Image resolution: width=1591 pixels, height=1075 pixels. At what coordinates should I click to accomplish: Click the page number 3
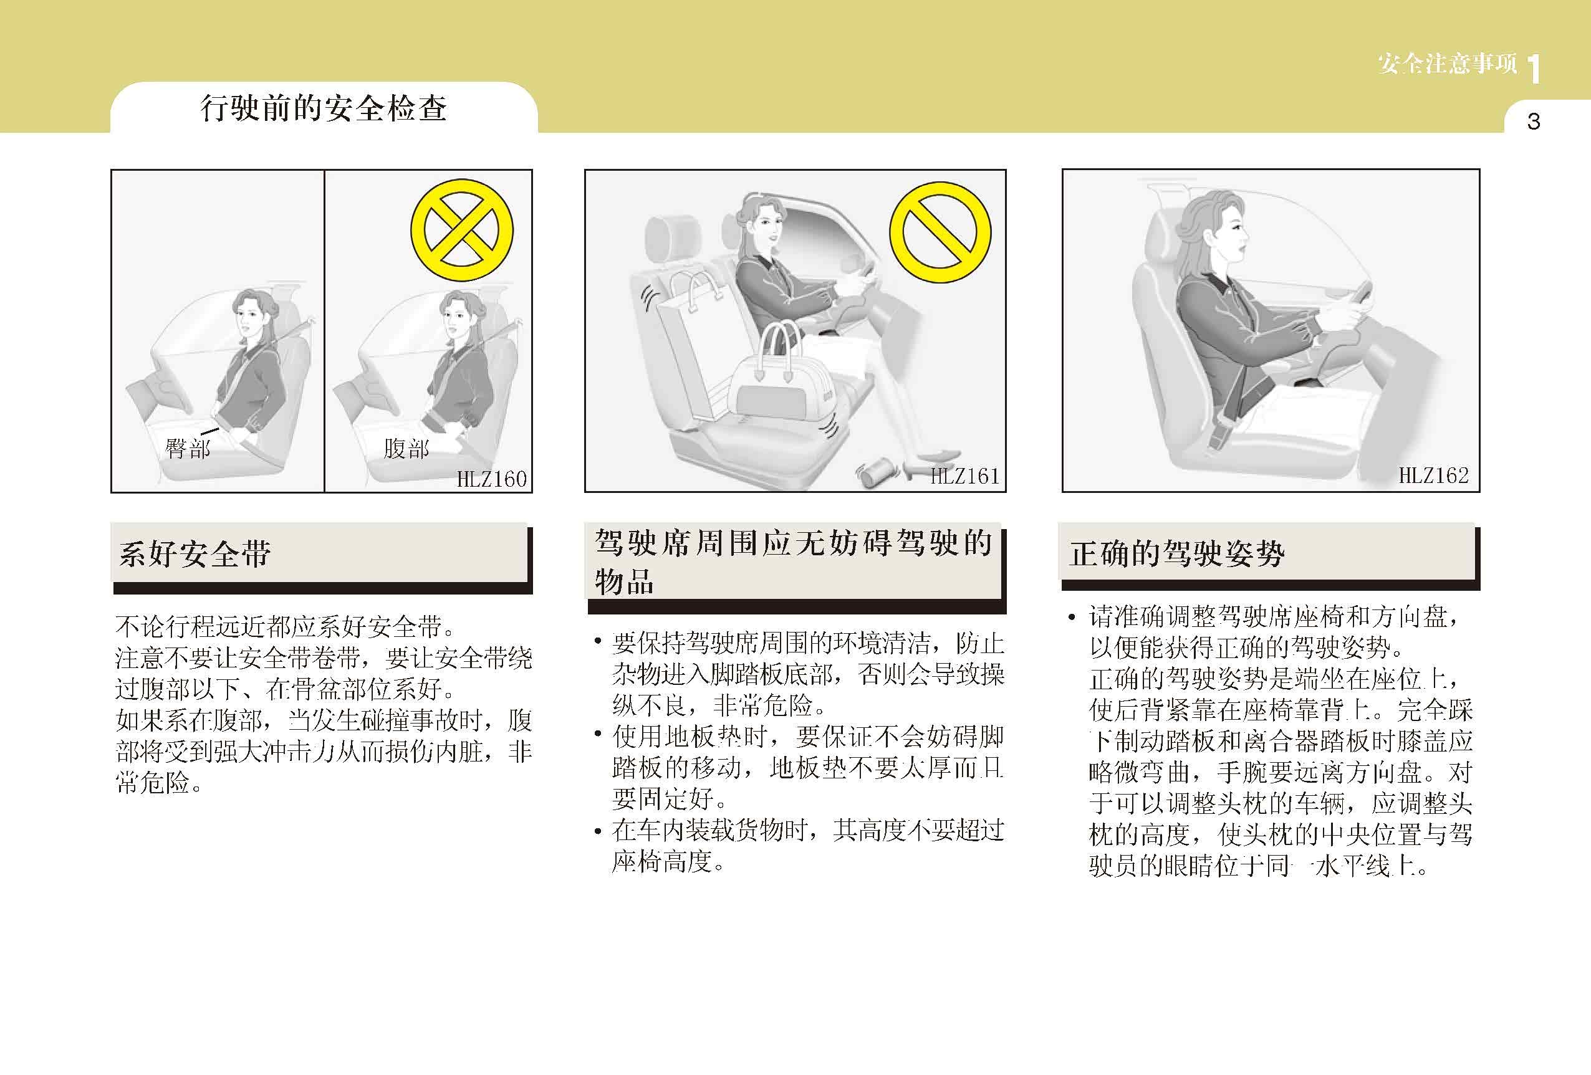point(1534,122)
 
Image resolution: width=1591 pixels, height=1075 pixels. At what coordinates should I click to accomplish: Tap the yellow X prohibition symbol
point(461,230)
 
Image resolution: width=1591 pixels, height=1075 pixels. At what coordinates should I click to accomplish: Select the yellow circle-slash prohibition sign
point(941,232)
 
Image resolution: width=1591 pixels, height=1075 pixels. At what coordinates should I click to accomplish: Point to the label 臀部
point(187,449)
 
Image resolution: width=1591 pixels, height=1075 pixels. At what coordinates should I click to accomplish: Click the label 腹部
point(406,449)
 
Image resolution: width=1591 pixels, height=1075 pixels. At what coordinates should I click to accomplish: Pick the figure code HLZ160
point(491,479)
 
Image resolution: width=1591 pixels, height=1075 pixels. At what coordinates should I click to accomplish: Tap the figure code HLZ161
point(964,476)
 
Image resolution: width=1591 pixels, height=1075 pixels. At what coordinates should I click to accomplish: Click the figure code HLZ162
point(1433,475)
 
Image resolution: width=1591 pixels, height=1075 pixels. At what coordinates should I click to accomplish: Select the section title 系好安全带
point(195,554)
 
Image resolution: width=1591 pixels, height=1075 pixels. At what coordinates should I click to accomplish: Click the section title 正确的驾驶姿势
point(1177,553)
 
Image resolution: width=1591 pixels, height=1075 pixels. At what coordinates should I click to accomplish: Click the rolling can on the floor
point(877,472)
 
